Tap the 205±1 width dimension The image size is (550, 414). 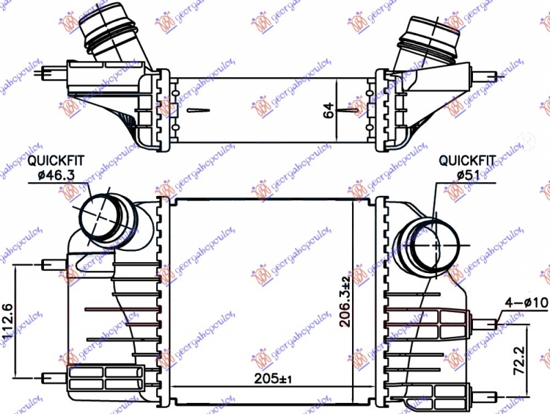(x=272, y=379)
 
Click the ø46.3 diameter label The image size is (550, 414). (x=56, y=175)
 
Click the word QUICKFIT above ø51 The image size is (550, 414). (x=467, y=160)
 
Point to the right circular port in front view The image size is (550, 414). (x=434, y=244)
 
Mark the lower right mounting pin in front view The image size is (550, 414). (x=485, y=396)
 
